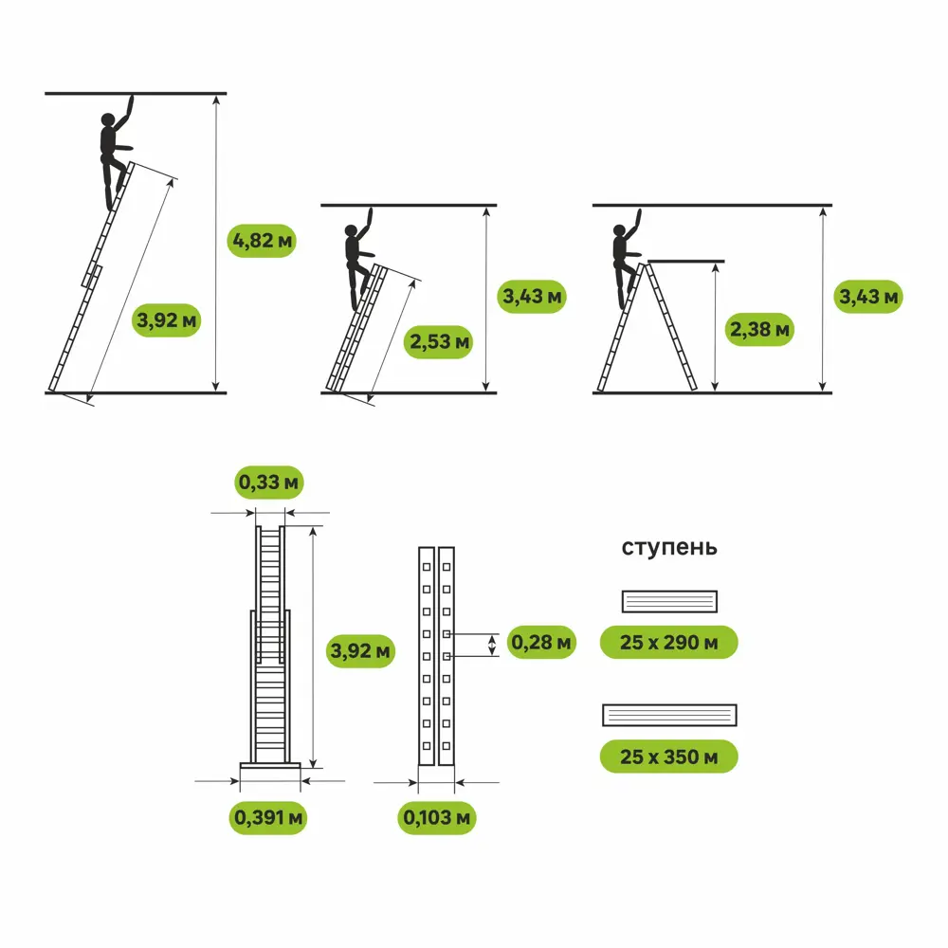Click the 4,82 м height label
pos(263,241)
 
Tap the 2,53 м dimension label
pos(441,341)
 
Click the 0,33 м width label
pos(270,483)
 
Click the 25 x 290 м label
pos(669,643)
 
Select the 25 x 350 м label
pos(669,757)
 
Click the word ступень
pos(669,548)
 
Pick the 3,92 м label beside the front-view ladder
pos(361,651)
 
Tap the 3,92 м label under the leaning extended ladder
pos(168,319)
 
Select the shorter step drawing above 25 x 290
pos(669,601)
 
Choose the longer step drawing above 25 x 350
pos(669,715)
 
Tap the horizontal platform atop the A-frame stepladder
pos(686,261)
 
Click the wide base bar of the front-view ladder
pos(270,765)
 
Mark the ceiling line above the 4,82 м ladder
pos(136,93)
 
